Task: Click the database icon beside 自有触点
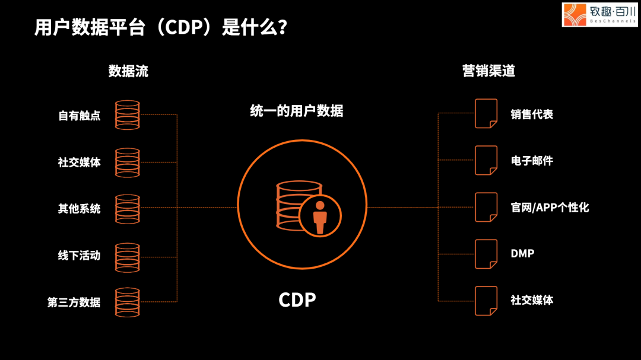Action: tap(127, 115)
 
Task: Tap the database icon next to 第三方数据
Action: tap(127, 302)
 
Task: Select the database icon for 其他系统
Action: tap(127, 209)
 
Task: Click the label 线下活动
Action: tap(79, 256)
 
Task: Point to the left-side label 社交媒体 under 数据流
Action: tap(79, 162)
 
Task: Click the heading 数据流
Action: tap(128, 71)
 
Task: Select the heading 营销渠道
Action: tap(488, 71)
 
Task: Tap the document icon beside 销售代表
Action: tap(485, 113)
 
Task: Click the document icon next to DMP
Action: tap(485, 254)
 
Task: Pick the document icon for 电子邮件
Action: tap(485, 160)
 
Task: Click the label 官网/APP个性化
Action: tap(550, 208)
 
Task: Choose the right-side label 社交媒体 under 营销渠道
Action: tap(532, 300)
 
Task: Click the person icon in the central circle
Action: tap(320, 217)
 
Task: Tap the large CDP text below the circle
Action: tap(297, 300)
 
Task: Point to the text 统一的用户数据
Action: tap(297, 111)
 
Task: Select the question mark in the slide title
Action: tap(282, 28)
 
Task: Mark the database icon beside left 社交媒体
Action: tap(127, 162)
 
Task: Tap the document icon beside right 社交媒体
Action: tap(485, 301)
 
